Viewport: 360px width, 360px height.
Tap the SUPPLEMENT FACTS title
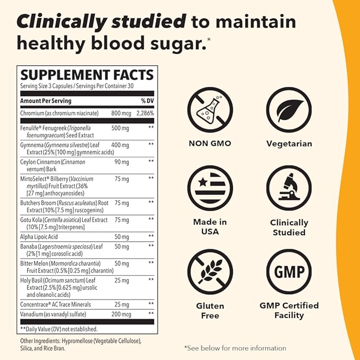[x=86, y=75]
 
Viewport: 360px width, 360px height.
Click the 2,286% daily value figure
[x=144, y=113]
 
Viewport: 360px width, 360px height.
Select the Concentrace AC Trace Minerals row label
[x=56, y=304]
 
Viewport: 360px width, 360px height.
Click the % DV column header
[x=147, y=101]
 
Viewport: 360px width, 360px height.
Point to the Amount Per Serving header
[x=46, y=101]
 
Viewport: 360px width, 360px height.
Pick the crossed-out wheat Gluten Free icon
[x=210, y=272]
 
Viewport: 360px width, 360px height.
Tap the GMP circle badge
[x=289, y=272]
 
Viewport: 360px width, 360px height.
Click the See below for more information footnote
[x=235, y=348]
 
